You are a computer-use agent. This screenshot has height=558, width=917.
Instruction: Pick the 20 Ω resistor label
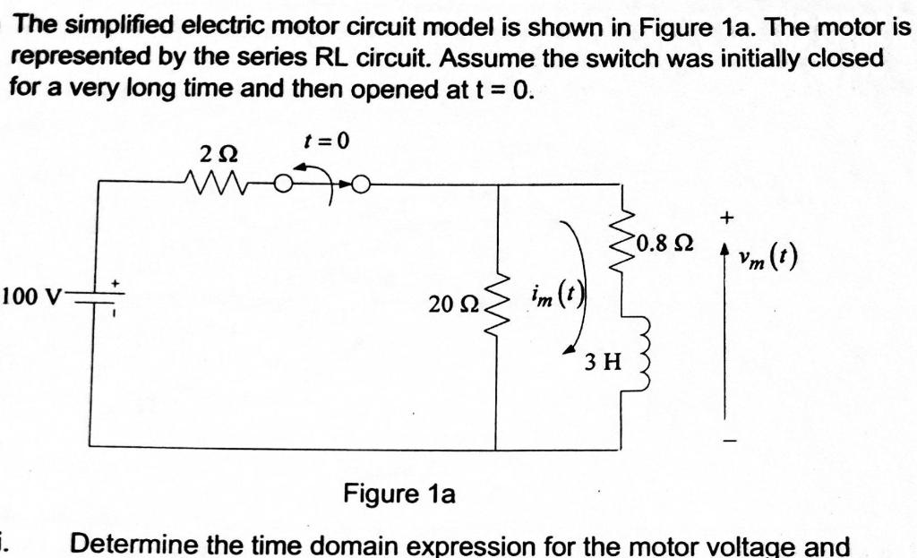click(448, 305)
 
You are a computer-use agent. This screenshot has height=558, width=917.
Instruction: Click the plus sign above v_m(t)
click(729, 217)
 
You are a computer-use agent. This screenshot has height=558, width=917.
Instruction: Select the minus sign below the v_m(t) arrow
click(729, 441)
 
